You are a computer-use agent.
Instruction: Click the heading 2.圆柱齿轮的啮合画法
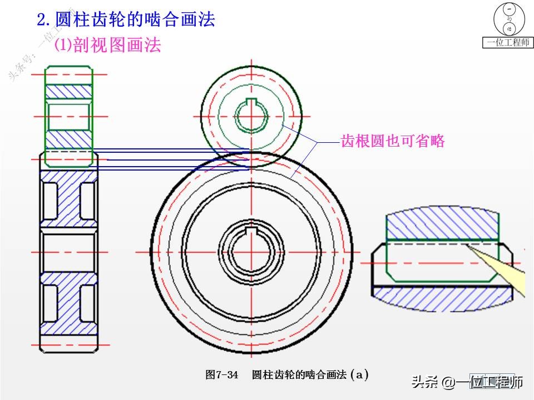(126, 21)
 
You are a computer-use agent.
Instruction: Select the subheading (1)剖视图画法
(107, 46)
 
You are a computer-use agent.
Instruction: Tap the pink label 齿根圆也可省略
(393, 141)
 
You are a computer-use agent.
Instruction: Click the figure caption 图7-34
(222, 374)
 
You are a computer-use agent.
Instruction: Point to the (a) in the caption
(360, 374)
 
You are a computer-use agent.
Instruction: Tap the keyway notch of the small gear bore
(251, 103)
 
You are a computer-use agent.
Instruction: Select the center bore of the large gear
(251, 253)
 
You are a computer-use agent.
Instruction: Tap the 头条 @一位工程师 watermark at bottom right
(467, 382)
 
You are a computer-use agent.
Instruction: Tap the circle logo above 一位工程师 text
(508, 18)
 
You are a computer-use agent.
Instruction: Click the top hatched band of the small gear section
(68, 91)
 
